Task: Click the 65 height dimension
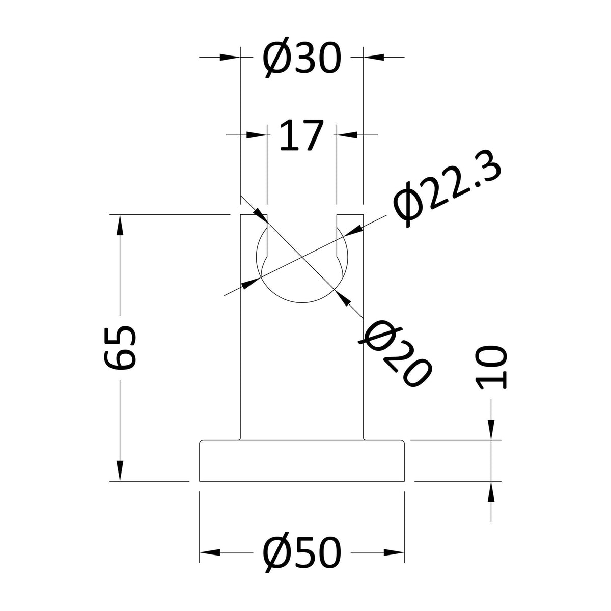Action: [120, 348]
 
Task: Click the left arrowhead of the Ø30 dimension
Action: [230, 57]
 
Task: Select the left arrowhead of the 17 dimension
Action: [257, 135]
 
